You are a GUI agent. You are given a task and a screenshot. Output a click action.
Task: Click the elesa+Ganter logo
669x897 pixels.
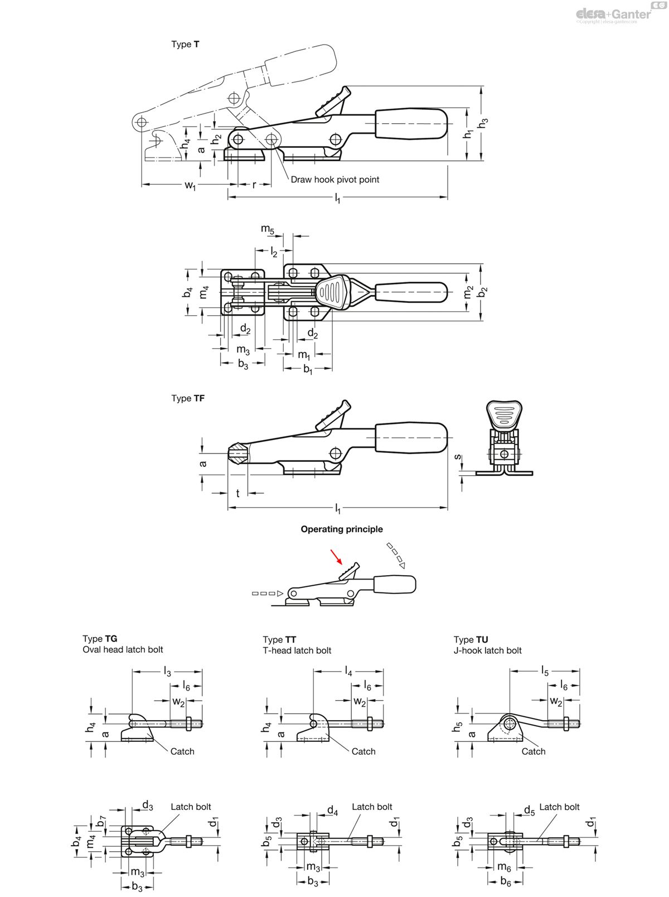click(613, 14)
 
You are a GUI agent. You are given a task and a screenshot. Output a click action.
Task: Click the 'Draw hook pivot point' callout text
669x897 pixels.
click(334, 180)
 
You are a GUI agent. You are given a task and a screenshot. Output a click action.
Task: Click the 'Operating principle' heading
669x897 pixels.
click(342, 529)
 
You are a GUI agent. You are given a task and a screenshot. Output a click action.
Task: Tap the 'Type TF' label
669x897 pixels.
click(188, 398)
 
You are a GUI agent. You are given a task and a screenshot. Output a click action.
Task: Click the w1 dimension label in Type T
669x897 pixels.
click(191, 186)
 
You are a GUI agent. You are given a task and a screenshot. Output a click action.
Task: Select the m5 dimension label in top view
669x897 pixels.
click(268, 229)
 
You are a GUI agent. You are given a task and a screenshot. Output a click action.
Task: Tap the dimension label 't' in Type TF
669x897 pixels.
click(237, 493)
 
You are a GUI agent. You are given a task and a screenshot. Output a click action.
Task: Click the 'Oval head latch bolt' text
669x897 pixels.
click(123, 649)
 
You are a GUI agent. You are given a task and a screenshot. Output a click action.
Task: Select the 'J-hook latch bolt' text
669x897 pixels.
click(487, 650)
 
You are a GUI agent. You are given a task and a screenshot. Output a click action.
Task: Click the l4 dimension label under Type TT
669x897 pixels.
click(348, 672)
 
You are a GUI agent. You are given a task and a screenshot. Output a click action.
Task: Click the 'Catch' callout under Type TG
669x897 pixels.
click(182, 751)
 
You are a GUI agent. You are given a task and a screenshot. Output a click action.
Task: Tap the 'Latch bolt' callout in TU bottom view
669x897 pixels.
click(559, 807)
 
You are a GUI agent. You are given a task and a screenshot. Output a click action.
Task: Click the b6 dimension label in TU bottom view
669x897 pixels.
click(506, 882)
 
